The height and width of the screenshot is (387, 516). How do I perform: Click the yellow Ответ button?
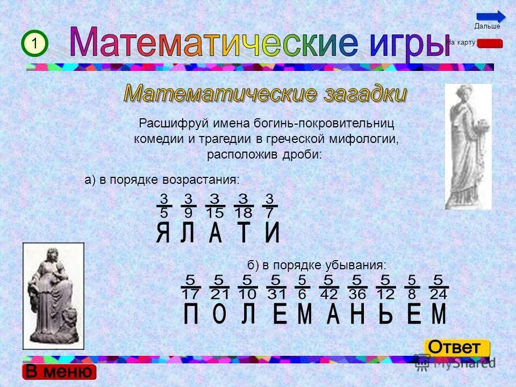pos(457,347)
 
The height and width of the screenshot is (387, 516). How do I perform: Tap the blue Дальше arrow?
pos(490,17)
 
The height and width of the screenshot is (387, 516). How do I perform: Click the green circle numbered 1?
pos(35,44)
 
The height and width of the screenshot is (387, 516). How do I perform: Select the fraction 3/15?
pos(214,206)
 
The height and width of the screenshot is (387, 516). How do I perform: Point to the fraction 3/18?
pos(243,206)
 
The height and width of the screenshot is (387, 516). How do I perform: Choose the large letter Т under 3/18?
pos(243,234)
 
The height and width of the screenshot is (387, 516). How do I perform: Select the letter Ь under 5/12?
pos(385,314)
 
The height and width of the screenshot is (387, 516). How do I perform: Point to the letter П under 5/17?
pos(191,314)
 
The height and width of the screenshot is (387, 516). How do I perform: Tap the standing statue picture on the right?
pos(468,146)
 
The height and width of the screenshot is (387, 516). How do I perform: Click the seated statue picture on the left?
pos(53,296)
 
